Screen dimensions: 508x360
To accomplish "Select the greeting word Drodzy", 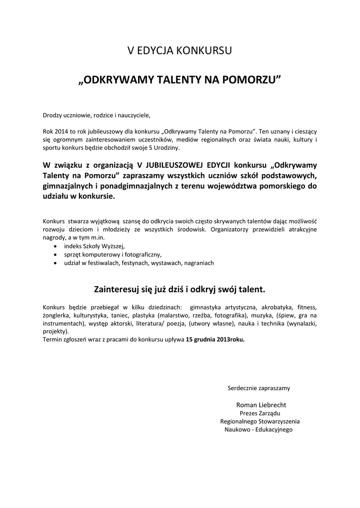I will [52, 116].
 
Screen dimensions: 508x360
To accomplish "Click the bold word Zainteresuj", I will [115, 289].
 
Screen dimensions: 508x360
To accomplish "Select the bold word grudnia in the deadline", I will [206, 340].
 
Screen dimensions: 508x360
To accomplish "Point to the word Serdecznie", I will [242, 387].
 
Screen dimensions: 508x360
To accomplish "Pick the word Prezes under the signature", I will [249, 413].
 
